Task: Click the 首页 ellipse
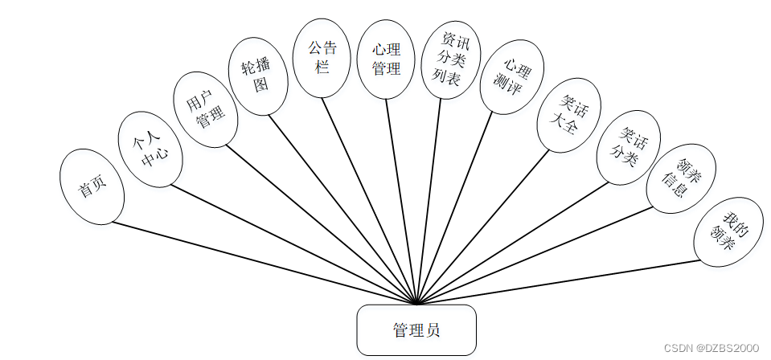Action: pyautogui.click(x=92, y=186)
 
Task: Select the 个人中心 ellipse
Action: pyautogui.click(x=151, y=149)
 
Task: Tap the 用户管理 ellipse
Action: pyautogui.click(x=206, y=110)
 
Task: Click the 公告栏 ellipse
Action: pyautogui.click(x=322, y=58)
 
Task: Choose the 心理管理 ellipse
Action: pyautogui.click(x=386, y=59)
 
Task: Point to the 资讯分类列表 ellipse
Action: pyautogui.click(x=451, y=59)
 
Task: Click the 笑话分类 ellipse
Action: pyautogui.click(x=629, y=147)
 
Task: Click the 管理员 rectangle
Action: pyautogui.click(x=416, y=329)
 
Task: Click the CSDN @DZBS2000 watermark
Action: pyautogui.click(x=712, y=347)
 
